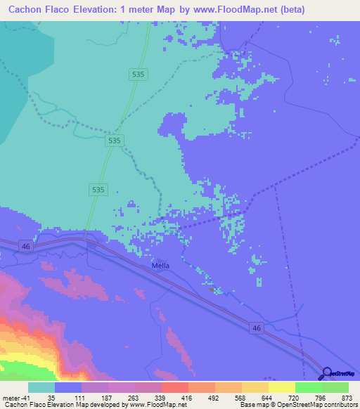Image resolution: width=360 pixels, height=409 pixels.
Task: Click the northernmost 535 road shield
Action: click(x=139, y=73)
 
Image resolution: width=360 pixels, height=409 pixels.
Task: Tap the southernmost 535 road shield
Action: click(x=98, y=190)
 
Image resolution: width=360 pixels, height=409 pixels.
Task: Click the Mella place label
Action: click(x=161, y=266)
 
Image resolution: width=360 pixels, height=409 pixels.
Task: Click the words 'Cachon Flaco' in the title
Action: click(x=33, y=9)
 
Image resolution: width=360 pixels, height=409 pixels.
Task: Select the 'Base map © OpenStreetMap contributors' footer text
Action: click(x=296, y=405)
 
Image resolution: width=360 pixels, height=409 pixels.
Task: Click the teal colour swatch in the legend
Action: click(x=41, y=387)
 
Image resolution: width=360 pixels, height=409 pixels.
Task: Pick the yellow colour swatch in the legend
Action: click(x=281, y=387)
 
